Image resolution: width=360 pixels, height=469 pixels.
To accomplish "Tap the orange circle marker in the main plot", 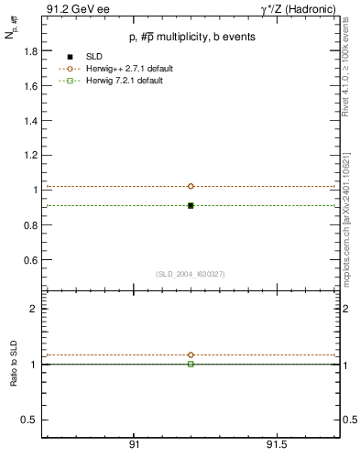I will [191, 186].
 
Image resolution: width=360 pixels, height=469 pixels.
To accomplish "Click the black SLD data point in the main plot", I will [191, 205].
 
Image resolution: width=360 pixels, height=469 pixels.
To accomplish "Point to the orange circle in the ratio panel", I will [191, 354].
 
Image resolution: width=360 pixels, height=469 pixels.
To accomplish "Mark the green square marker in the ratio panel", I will [191, 364].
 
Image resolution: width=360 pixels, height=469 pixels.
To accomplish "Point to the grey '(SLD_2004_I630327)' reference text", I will [190, 274].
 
